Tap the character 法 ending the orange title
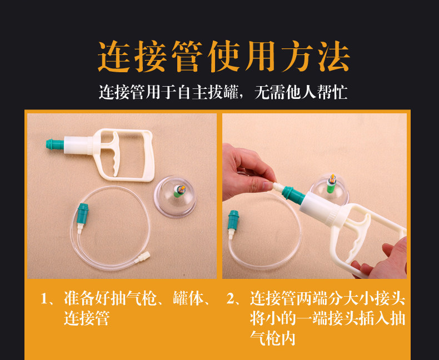tap(334, 57)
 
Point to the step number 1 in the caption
tap(44, 299)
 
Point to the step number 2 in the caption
tap(231, 299)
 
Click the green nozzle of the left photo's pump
tap(55, 144)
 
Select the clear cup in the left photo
tap(175, 196)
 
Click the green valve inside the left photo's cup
tap(178, 192)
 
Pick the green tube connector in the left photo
tap(83, 212)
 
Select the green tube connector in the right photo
tap(233, 219)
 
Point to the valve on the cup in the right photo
tap(332, 184)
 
